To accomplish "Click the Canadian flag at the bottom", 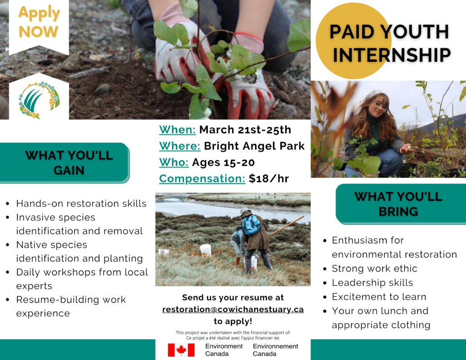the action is click(x=181, y=350).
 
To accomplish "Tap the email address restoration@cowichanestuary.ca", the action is click(x=233, y=309).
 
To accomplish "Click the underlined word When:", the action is click(x=177, y=130).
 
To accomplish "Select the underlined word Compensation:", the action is click(x=202, y=178).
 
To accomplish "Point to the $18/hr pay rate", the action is click(x=268, y=178).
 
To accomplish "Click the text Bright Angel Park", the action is click(x=254, y=146).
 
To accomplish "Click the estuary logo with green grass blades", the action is click(x=39, y=100).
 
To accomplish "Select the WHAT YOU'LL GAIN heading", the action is click(x=69, y=162).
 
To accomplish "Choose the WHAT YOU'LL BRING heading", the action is click(x=398, y=204).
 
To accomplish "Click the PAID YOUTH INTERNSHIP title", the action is click(x=390, y=43).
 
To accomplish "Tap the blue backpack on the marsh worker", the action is click(x=251, y=224).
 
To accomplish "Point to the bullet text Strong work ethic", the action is click(x=375, y=269).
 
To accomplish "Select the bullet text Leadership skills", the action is click(x=372, y=283).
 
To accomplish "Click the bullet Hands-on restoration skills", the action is click(x=81, y=203).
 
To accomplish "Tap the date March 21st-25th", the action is click(x=245, y=130).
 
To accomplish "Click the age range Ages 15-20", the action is click(x=223, y=162).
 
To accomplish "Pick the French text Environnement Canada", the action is click(x=275, y=350).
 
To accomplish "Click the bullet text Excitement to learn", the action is click(x=379, y=297).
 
